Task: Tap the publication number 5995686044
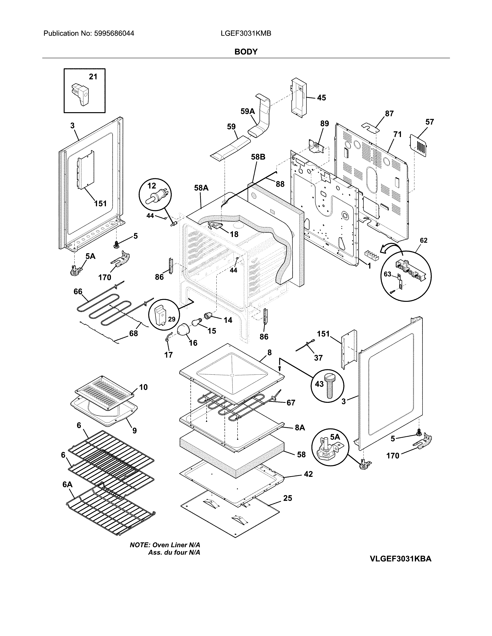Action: click(x=114, y=34)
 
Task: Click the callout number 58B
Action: click(x=258, y=157)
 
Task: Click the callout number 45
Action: click(x=321, y=98)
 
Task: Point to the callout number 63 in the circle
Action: click(x=387, y=274)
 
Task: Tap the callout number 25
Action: click(x=287, y=498)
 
